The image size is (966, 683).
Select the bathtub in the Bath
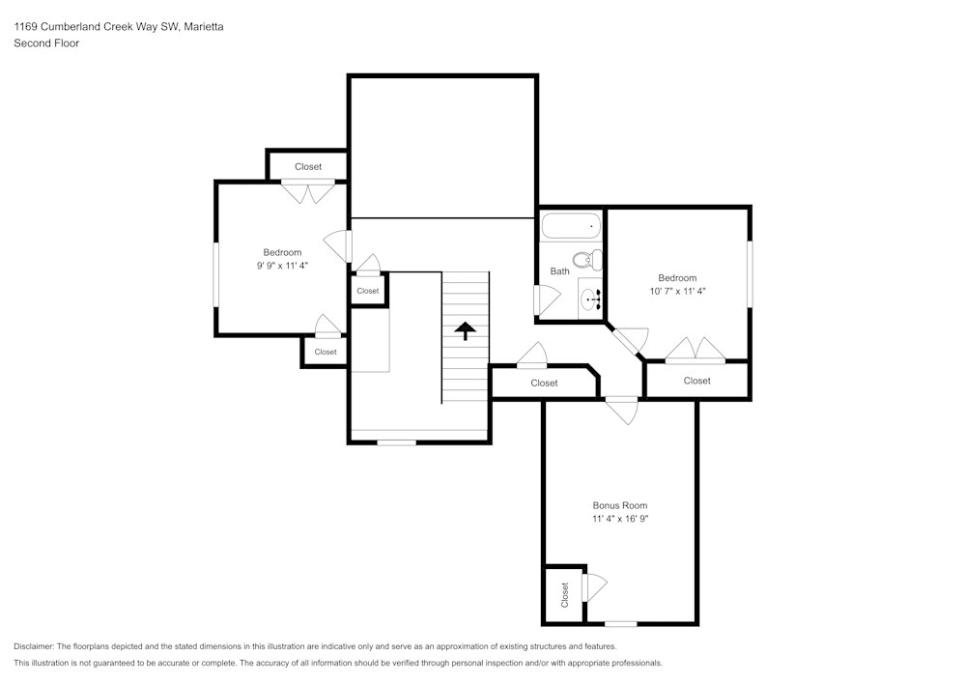coord(571,226)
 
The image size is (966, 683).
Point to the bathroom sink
coord(591,299)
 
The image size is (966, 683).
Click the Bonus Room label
coord(620,505)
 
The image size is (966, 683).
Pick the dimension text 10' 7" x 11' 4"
coord(677,292)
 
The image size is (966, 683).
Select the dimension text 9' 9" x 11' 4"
coord(282,266)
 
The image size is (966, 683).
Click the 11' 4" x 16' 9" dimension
coord(620,519)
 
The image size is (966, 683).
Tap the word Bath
coord(559,271)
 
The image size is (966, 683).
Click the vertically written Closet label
coord(564,595)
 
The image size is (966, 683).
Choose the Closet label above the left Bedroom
coord(308,167)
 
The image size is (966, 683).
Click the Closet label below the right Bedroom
coord(696,381)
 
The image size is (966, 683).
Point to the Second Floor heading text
coord(46,43)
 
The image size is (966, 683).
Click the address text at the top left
coord(119,26)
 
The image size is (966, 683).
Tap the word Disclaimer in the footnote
coord(34,646)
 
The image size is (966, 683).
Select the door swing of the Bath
coord(548,299)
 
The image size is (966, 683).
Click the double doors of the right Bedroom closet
coord(696,349)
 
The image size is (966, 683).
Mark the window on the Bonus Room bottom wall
coord(620,624)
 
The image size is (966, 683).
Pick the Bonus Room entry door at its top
coord(622,411)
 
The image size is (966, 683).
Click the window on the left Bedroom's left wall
coord(216,274)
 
